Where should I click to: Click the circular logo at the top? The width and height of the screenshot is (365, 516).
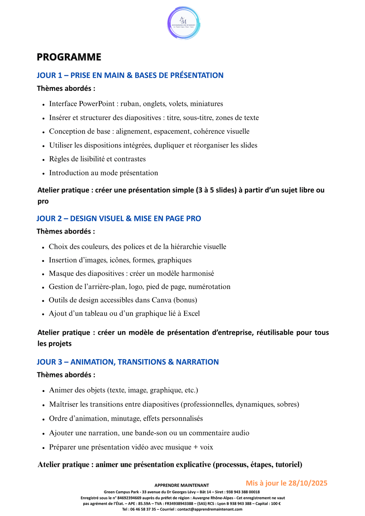pos(184,23)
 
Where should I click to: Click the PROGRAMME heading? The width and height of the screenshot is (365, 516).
pos(69,57)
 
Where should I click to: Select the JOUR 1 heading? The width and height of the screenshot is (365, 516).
pos(130,75)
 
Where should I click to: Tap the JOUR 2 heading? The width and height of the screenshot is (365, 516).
pos(119,218)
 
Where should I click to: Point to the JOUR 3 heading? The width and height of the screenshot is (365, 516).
pos(128,362)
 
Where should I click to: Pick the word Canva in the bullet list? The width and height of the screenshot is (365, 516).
pos(161,300)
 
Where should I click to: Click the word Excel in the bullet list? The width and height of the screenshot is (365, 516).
pos(191,314)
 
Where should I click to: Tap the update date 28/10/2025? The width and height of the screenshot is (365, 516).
pos(308,483)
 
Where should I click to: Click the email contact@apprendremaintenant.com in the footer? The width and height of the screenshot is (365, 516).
pos(210,509)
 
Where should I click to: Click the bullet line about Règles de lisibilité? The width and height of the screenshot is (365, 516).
pos(97,159)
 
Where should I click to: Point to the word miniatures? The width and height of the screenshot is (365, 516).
pos(206,104)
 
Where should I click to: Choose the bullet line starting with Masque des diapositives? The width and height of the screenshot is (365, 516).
pos(131,274)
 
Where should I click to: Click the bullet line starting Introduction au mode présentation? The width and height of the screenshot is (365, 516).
pos(104,173)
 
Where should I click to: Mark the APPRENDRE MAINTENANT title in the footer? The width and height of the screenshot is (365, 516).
pos(182,485)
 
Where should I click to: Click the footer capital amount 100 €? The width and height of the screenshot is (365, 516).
pos(276,504)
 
